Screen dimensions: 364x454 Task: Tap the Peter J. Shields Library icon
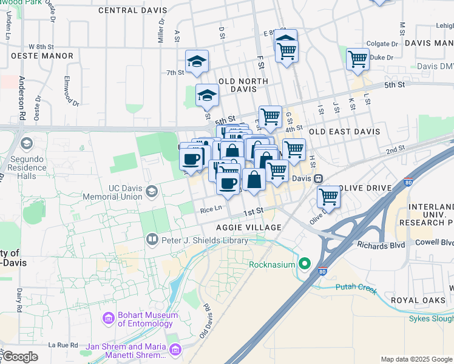point(152,240)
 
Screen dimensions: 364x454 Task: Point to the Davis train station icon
point(317,179)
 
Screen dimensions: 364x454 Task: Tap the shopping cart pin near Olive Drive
point(328,196)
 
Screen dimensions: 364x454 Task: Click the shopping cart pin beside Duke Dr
point(357,59)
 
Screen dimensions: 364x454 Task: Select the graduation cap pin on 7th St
point(197,61)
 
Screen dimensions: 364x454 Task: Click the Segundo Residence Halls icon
point(25,144)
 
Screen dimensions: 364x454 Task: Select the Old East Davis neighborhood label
point(344,132)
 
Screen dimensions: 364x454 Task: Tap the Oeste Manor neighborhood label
point(41,56)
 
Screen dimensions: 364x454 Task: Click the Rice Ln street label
point(211,210)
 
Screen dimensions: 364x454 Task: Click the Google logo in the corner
point(19,357)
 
